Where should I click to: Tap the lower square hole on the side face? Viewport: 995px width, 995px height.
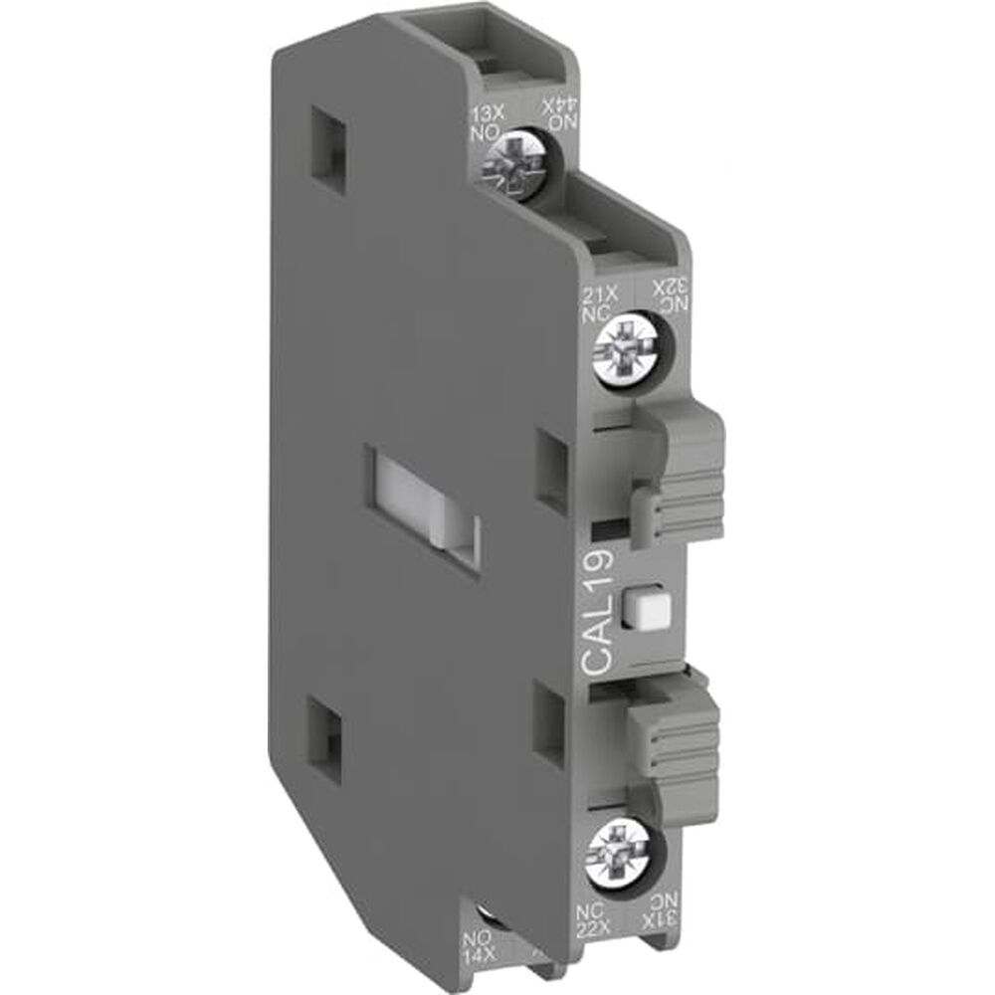pyautogui.click(x=328, y=719)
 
